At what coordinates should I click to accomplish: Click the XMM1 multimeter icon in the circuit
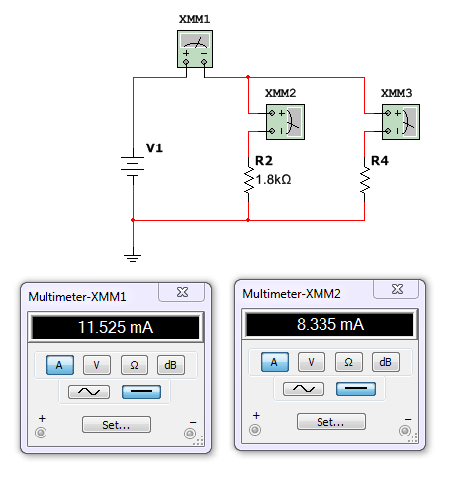click(x=195, y=48)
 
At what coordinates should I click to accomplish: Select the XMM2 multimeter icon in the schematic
click(x=285, y=122)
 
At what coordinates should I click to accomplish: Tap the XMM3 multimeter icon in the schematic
click(x=401, y=122)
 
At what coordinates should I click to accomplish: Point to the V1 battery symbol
click(x=133, y=166)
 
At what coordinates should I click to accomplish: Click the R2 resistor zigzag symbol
click(x=249, y=179)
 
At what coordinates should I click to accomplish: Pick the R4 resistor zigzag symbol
click(x=365, y=179)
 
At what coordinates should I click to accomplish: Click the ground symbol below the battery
click(x=133, y=258)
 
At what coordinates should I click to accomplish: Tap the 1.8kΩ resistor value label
click(x=273, y=180)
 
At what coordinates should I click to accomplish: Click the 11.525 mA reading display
click(x=116, y=327)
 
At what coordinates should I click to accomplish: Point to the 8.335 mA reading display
click(x=330, y=324)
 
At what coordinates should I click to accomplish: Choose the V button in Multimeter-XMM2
click(x=312, y=362)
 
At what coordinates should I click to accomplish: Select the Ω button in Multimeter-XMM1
click(x=134, y=365)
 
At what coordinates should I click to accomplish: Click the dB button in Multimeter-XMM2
click(x=386, y=362)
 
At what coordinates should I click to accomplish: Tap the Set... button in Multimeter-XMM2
click(x=331, y=422)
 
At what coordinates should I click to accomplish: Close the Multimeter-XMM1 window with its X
click(x=182, y=292)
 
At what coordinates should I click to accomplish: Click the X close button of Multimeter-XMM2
click(x=397, y=289)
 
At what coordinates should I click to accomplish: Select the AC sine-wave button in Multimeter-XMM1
click(x=89, y=392)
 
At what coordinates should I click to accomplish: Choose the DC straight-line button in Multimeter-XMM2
click(x=356, y=389)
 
